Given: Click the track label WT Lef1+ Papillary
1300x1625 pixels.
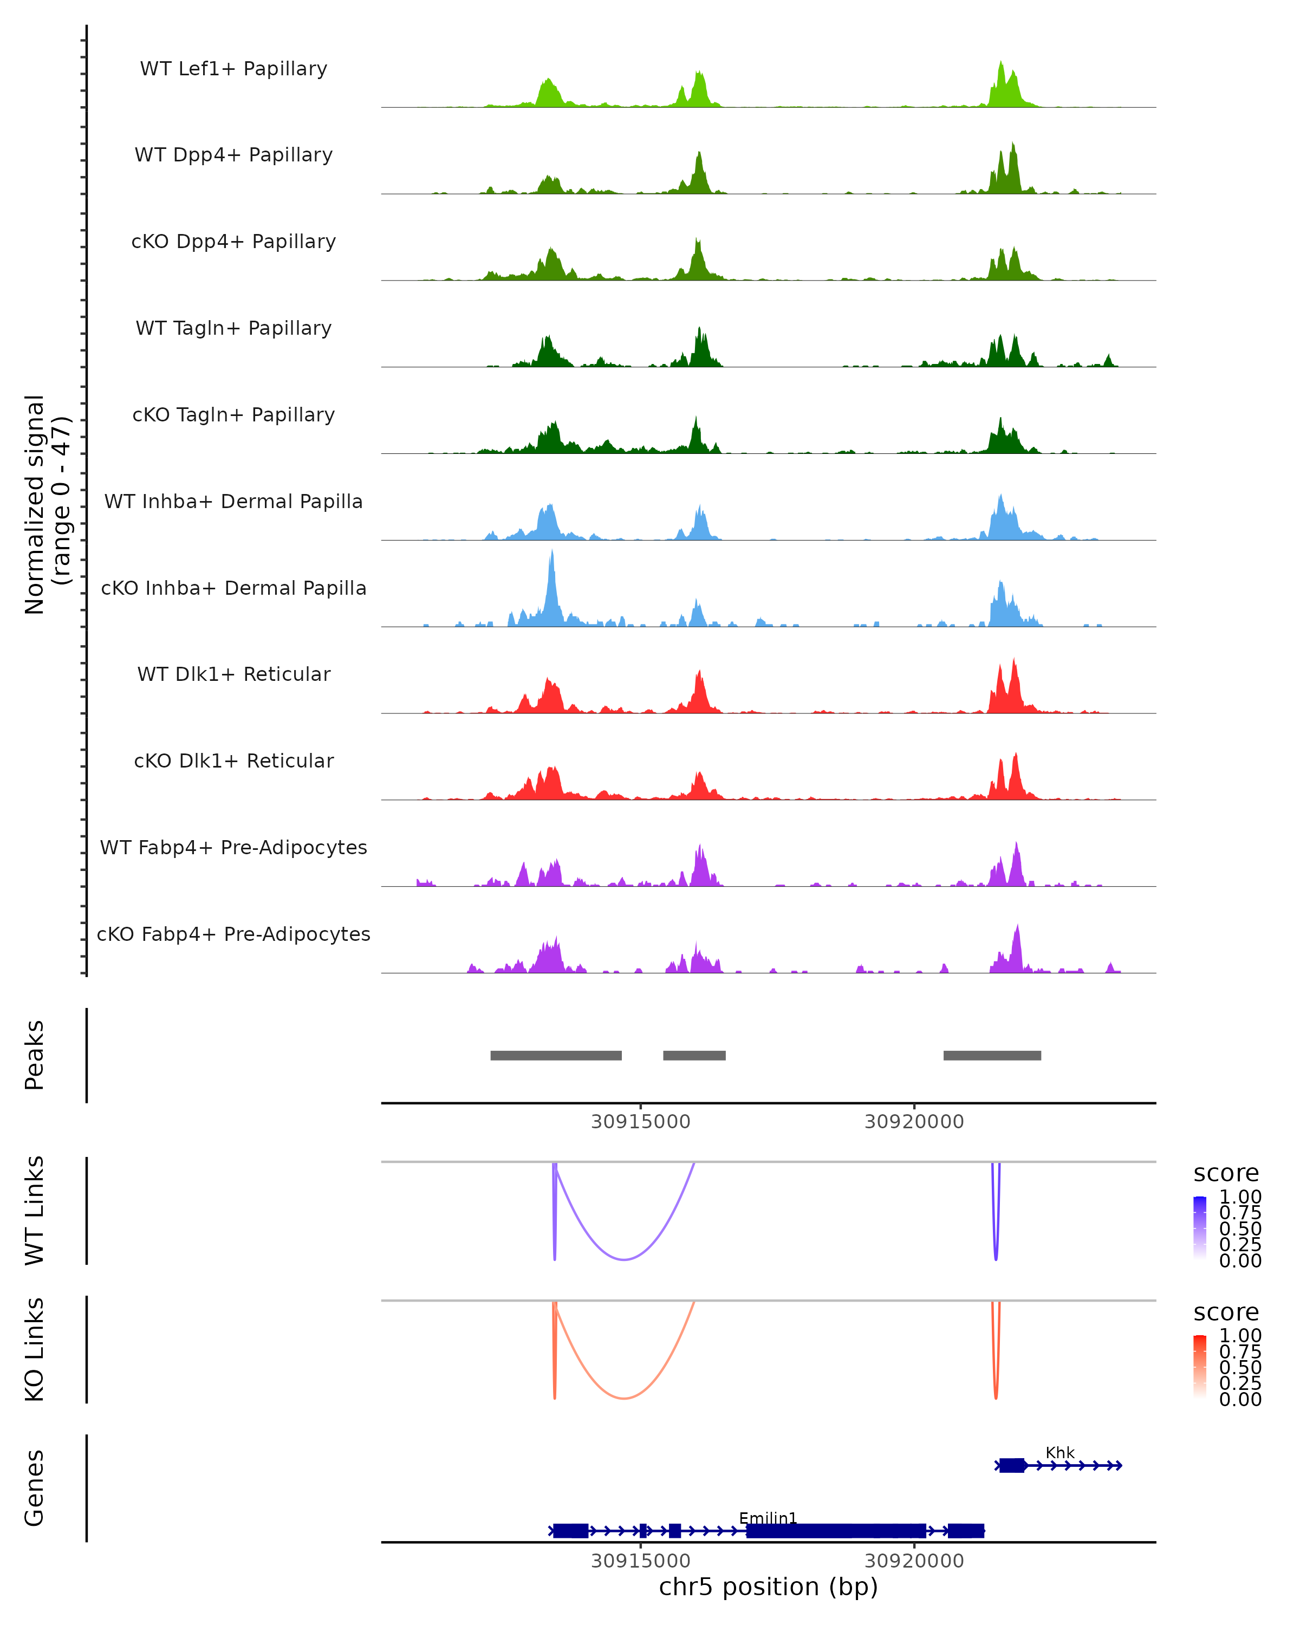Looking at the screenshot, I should [x=233, y=69].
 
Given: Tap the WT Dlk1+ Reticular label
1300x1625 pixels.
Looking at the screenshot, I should [x=233, y=674].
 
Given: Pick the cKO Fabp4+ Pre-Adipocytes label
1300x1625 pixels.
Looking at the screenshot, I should [x=233, y=934].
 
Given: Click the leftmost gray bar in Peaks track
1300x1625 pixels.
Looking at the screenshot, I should [x=556, y=1055].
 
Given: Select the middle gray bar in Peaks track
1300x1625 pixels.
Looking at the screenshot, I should [x=694, y=1055].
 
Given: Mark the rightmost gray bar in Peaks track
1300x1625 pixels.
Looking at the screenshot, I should [x=992, y=1055].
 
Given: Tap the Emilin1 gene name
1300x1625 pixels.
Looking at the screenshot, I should [x=768, y=1518].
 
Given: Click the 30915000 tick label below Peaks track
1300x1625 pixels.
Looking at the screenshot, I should [x=641, y=1122].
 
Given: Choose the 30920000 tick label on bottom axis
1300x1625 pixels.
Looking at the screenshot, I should [x=914, y=1561].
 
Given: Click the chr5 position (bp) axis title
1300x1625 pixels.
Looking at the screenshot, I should [x=768, y=1587].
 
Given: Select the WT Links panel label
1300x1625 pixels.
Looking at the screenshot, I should [x=35, y=1211].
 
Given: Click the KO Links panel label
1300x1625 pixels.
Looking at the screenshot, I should [x=35, y=1349].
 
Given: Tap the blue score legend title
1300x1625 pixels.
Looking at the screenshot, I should [x=1226, y=1174].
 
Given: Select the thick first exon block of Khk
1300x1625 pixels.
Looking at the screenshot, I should [x=1012, y=1465].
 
